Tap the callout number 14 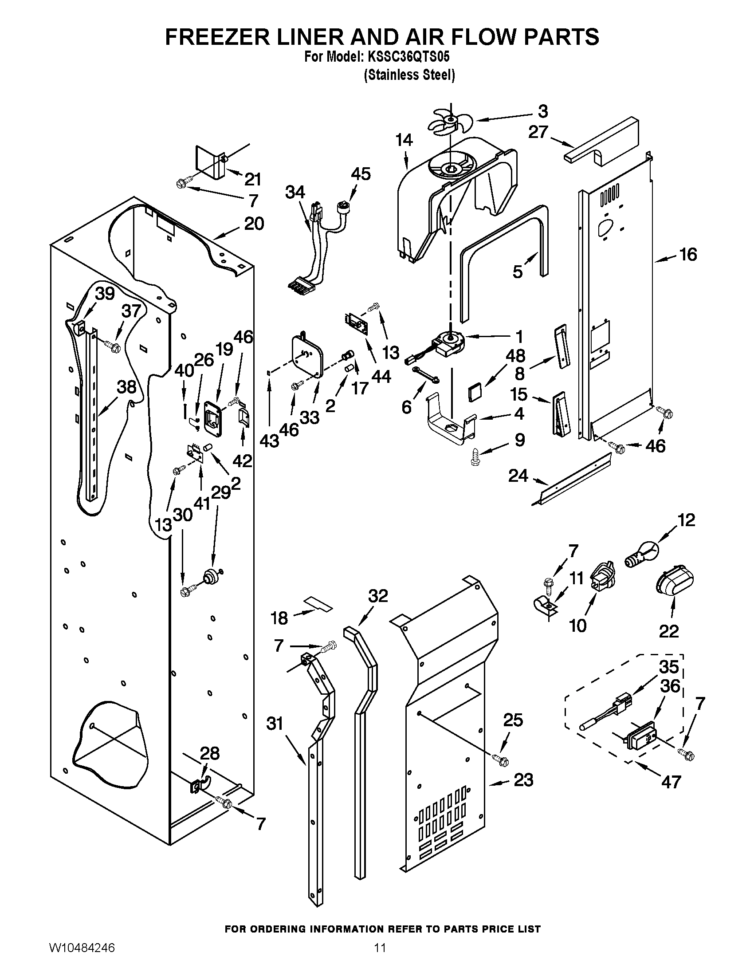click(404, 140)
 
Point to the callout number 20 click(254, 224)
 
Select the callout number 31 click(275, 723)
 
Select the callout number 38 click(126, 387)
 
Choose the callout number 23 click(523, 780)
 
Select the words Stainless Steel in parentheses click(410, 75)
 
